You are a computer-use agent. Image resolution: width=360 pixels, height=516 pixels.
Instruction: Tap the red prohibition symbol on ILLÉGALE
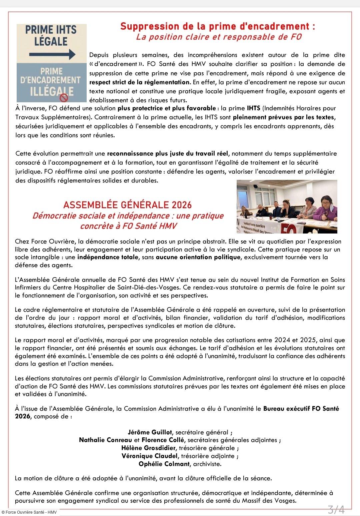point(64,98)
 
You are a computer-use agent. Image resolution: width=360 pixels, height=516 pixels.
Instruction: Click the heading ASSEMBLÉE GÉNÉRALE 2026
point(127,205)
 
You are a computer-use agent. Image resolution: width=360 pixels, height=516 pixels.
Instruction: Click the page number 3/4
point(336,509)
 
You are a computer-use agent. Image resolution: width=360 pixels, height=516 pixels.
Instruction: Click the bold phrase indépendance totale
point(107,257)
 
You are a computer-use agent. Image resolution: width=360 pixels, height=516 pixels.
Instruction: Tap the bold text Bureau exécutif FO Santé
point(301,409)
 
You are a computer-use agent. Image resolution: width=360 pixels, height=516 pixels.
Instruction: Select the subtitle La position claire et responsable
point(219,37)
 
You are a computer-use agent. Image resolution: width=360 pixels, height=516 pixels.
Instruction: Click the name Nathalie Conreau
point(101,440)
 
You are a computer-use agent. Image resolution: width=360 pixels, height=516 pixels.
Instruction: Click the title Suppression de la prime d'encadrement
point(217,26)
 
